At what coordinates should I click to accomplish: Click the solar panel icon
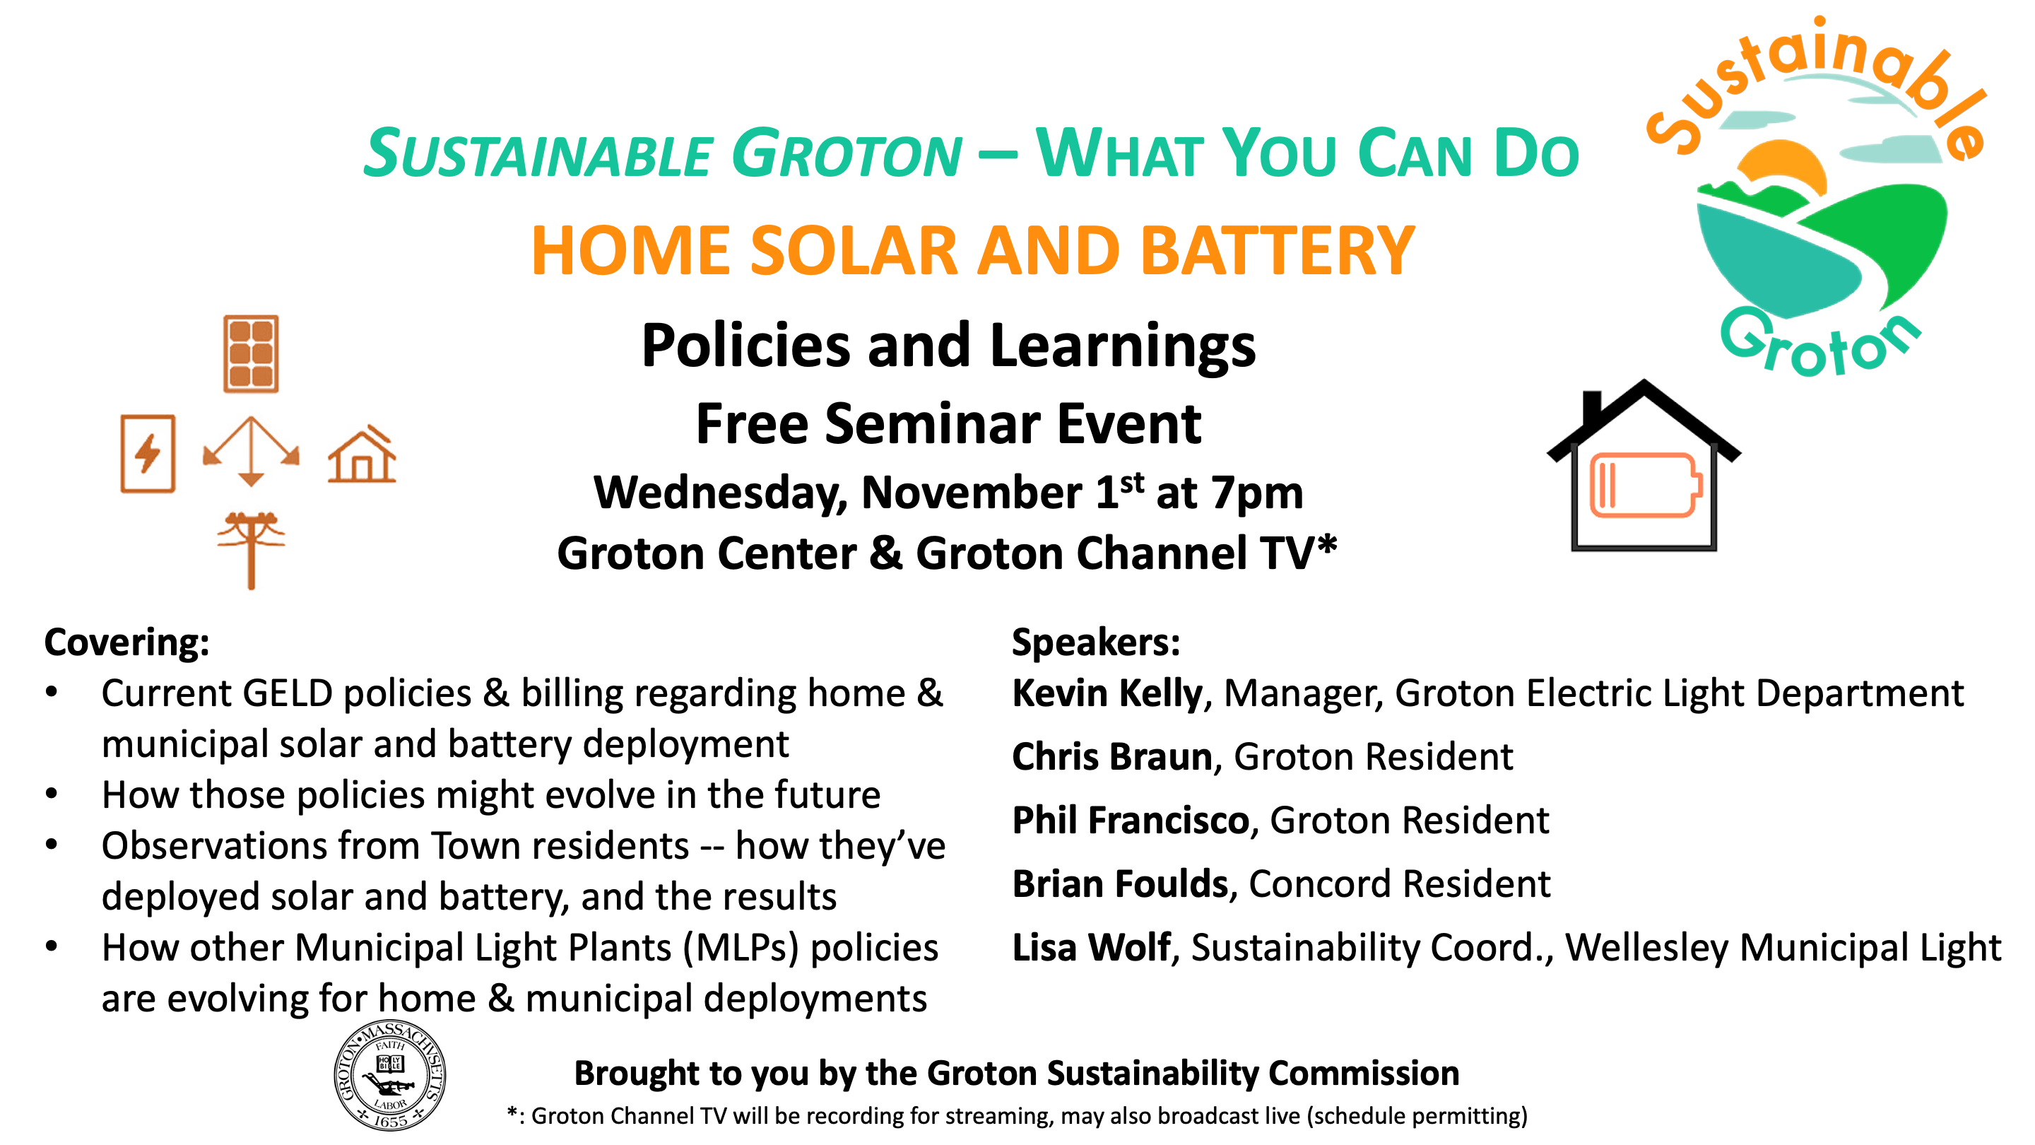(252, 354)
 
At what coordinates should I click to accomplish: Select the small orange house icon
(362, 454)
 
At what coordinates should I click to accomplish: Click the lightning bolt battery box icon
(148, 454)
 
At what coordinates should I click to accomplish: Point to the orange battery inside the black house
(1646, 485)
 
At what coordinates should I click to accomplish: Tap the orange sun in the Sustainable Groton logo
(1782, 168)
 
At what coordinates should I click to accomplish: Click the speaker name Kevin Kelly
(1107, 694)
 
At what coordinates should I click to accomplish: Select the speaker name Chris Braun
(1112, 757)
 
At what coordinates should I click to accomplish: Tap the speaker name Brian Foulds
(1120, 883)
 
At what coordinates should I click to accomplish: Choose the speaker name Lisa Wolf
(1091, 947)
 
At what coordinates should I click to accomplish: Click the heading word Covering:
(127, 642)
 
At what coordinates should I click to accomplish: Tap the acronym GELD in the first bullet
(288, 694)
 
